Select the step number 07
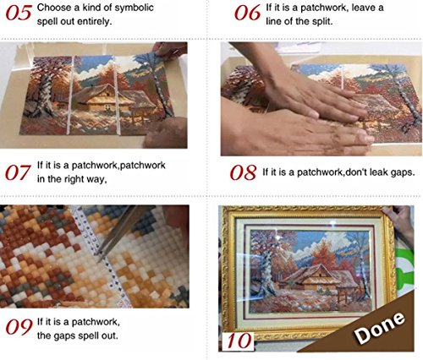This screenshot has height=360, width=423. (19, 172)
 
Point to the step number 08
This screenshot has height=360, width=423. (244, 172)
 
